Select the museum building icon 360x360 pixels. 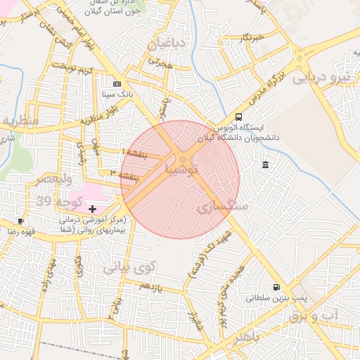point(265,165)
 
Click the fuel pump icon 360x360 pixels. point(275,287)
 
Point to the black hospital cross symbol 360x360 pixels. point(92,209)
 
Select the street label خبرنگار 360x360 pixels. point(249,37)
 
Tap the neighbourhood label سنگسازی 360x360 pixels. point(221,206)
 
